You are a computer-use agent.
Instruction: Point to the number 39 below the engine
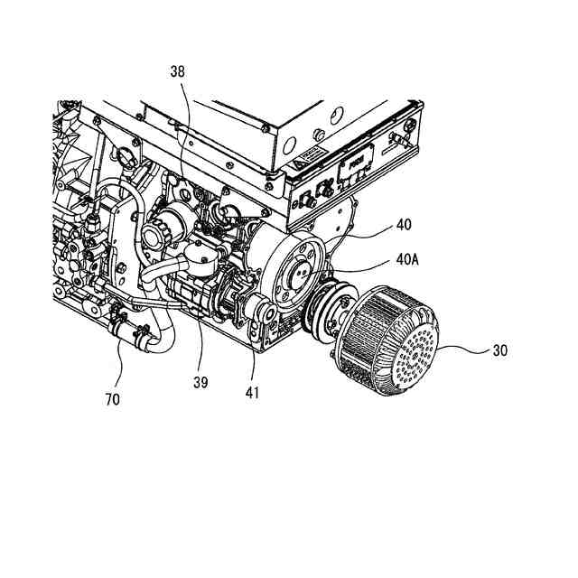(x=200, y=382)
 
